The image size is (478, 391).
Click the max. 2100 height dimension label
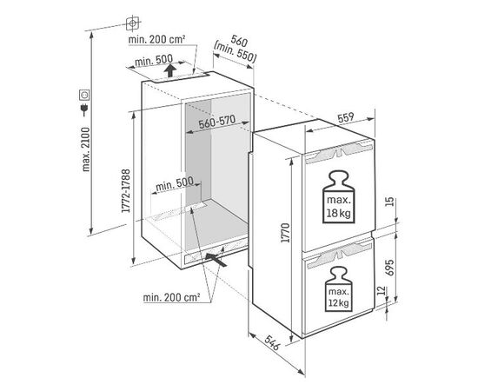pyautogui.click(x=86, y=149)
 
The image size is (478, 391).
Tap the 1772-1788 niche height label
pyautogui.click(x=126, y=191)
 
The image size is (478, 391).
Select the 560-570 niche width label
pyautogui.click(x=216, y=122)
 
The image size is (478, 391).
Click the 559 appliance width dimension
pyautogui.click(x=346, y=117)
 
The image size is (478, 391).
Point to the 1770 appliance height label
pyautogui.click(x=286, y=233)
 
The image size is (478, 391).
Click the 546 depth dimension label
pyautogui.click(x=272, y=343)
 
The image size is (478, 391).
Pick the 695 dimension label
pyautogui.click(x=389, y=268)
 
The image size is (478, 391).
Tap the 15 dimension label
pyautogui.click(x=389, y=202)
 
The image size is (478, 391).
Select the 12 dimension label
pyautogui.click(x=382, y=291)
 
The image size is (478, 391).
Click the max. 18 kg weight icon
pyautogui.click(x=338, y=197)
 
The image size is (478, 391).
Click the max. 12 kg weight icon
pyautogui.click(x=338, y=289)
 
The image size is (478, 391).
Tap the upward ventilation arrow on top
pyautogui.click(x=170, y=70)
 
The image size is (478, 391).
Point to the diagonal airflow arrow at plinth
pyautogui.click(x=216, y=260)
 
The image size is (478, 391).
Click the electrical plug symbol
pyautogui.click(x=83, y=109)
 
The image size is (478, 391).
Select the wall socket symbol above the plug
pyautogui.click(x=84, y=95)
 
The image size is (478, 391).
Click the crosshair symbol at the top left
pyautogui.click(x=133, y=23)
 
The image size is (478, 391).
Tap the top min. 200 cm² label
pyautogui.click(x=157, y=39)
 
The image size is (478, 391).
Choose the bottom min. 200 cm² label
pyautogui.click(x=171, y=297)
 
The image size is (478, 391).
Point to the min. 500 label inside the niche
pyautogui.click(x=174, y=183)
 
